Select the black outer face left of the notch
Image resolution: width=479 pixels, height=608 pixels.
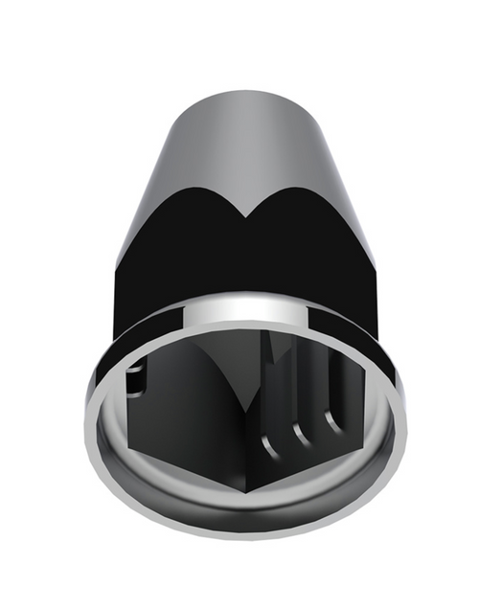(182, 259)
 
